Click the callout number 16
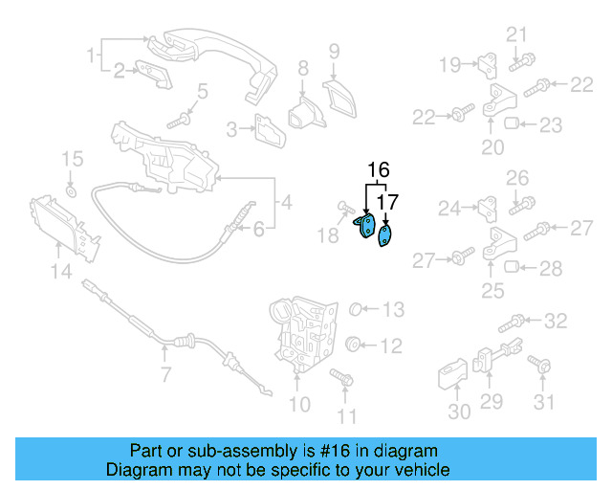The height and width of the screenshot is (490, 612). click(x=379, y=171)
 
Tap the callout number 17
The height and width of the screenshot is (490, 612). click(x=386, y=202)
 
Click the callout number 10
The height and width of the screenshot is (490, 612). click(x=299, y=405)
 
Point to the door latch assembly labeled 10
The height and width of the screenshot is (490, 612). click(x=305, y=331)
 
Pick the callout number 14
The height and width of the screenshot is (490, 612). click(x=60, y=273)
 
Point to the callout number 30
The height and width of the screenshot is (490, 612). click(x=459, y=412)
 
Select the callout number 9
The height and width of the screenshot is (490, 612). click(x=334, y=51)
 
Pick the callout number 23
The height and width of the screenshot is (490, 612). click(x=552, y=124)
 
